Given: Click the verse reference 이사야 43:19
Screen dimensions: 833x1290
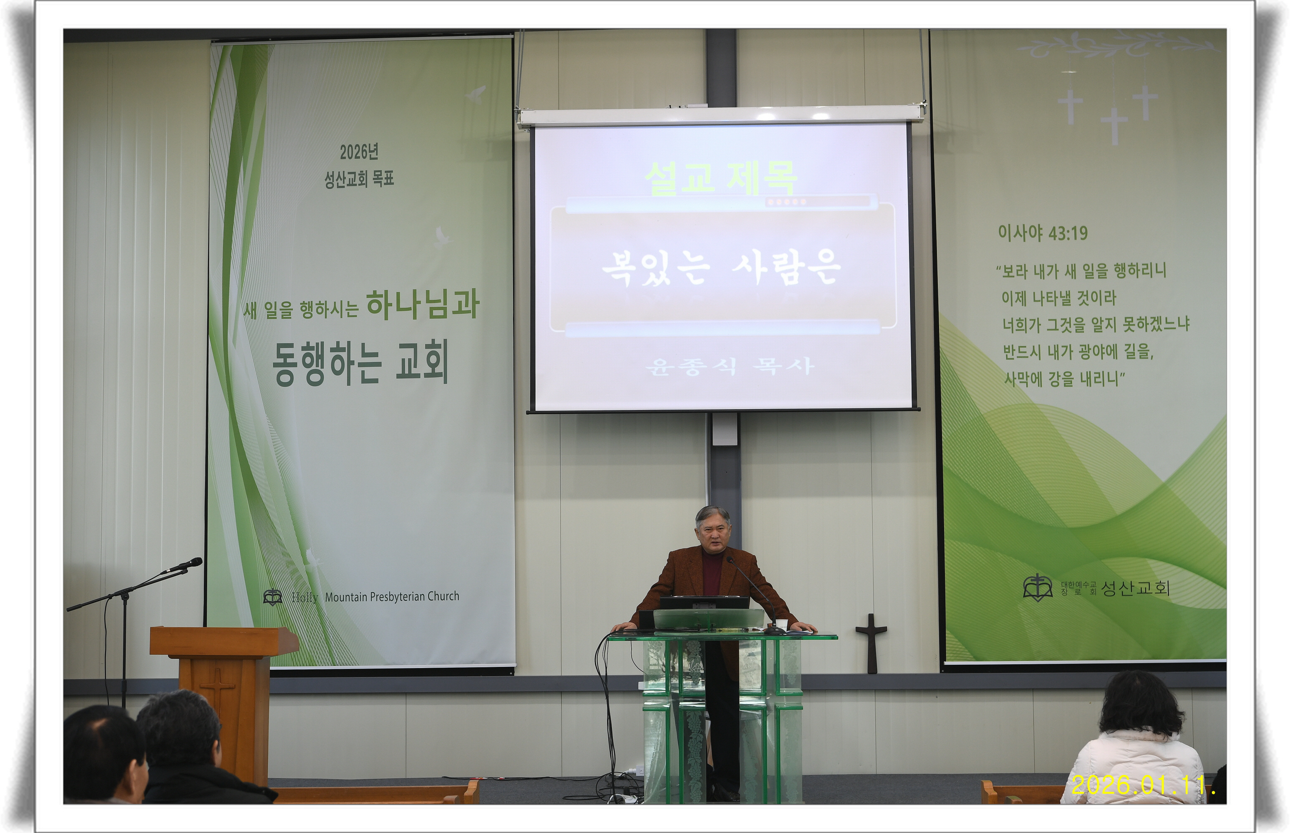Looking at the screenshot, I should (1043, 233).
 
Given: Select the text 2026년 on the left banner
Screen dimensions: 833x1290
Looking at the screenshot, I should (359, 152).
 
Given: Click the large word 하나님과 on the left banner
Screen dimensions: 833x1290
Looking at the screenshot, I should (423, 304).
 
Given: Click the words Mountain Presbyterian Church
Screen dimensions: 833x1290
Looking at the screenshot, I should (392, 597).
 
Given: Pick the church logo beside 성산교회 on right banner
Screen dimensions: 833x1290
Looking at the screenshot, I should (1037, 588).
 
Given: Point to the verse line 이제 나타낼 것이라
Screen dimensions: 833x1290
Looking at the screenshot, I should (1059, 297).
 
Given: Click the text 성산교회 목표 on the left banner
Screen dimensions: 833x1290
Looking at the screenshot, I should (359, 179).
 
